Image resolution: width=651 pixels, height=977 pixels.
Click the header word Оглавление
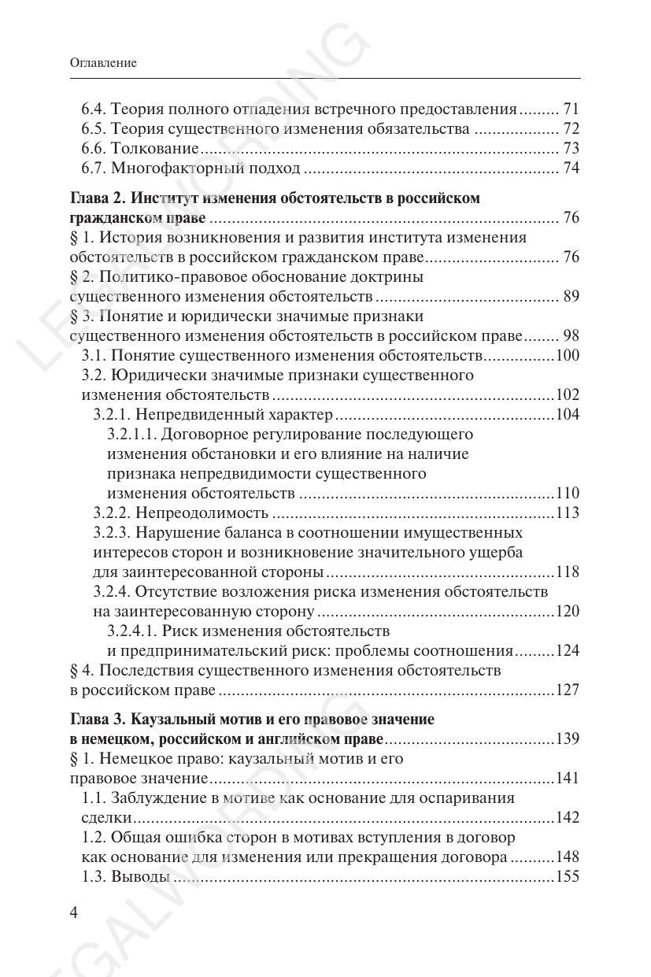pyautogui.click(x=102, y=63)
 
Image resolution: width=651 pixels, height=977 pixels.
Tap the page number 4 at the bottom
pyautogui.click(x=75, y=913)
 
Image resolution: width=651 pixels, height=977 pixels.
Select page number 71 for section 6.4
pyautogui.click(x=571, y=109)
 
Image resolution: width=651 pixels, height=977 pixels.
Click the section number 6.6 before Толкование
pyautogui.click(x=94, y=149)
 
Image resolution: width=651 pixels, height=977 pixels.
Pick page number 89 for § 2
pyautogui.click(x=571, y=297)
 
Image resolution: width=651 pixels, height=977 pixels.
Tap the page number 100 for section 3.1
pyautogui.click(x=568, y=356)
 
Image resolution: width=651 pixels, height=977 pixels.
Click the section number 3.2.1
pyautogui.click(x=114, y=415)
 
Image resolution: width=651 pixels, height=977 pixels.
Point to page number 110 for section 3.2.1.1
pyautogui.click(x=568, y=494)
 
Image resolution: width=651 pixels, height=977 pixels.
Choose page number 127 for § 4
pyautogui.click(x=568, y=690)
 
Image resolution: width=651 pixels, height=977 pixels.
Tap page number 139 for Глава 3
pyautogui.click(x=568, y=739)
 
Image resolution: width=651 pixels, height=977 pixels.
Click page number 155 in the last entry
pyautogui.click(x=568, y=877)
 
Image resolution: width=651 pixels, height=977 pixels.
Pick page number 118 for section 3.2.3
pyautogui.click(x=568, y=572)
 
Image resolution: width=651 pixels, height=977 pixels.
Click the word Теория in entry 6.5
pyautogui.click(x=135, y=129)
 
